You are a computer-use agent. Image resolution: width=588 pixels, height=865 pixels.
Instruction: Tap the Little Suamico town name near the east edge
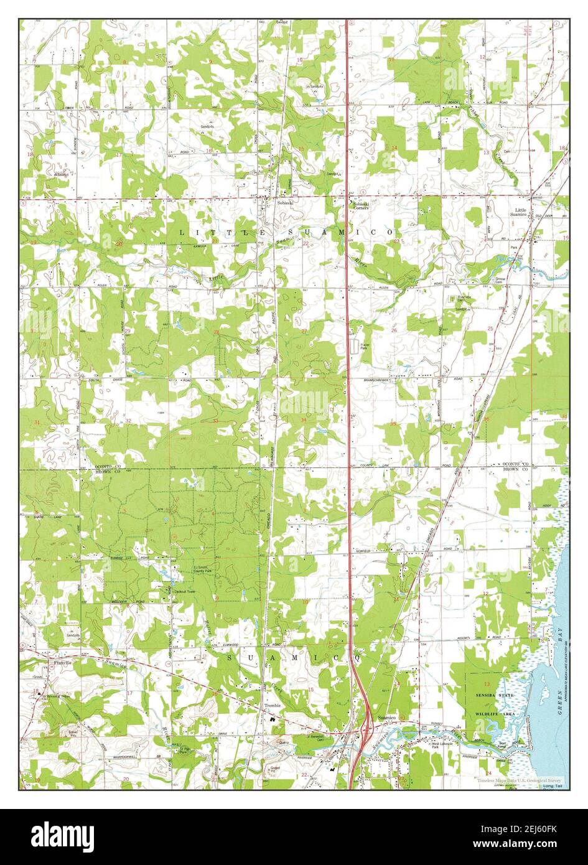[x=520, y=213]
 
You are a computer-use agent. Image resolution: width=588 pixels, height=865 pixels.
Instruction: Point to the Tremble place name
[x=273, y=706]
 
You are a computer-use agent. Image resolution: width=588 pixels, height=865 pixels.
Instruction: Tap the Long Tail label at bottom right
[x=551, y=787]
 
